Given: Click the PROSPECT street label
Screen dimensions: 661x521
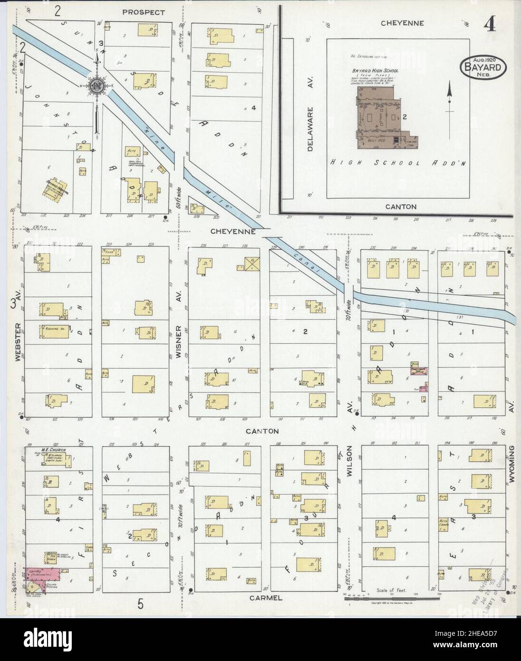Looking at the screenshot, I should click(143, 12).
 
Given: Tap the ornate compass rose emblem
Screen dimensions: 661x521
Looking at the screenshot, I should click(97, 86).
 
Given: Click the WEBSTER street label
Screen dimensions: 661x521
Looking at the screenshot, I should click(19, 342).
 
